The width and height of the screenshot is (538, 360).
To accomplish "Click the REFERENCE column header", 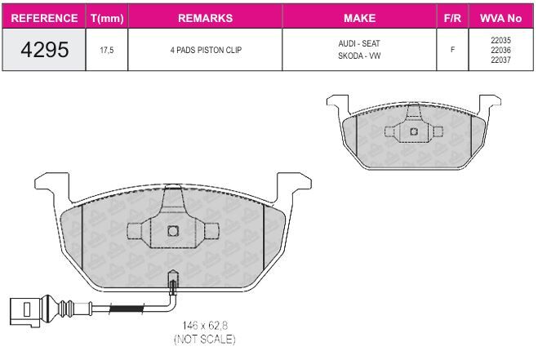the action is click(44, 18).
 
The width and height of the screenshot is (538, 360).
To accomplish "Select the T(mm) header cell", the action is click(107, 18).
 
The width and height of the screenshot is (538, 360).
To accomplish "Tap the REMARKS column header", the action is click(205, 18).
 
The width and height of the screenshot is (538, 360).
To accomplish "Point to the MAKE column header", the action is click(359, 18).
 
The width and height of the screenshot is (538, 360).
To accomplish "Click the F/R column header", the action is click(452, 18).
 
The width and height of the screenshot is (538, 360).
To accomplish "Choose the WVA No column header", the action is click(500, 18).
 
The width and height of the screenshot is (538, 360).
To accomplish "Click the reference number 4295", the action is click(45, 50).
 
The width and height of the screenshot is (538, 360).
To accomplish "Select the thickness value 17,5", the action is click(107, 50).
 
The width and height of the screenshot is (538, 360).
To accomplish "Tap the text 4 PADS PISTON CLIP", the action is click(206, 50).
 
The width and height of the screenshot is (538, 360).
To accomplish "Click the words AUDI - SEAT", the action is click(359, 43).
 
